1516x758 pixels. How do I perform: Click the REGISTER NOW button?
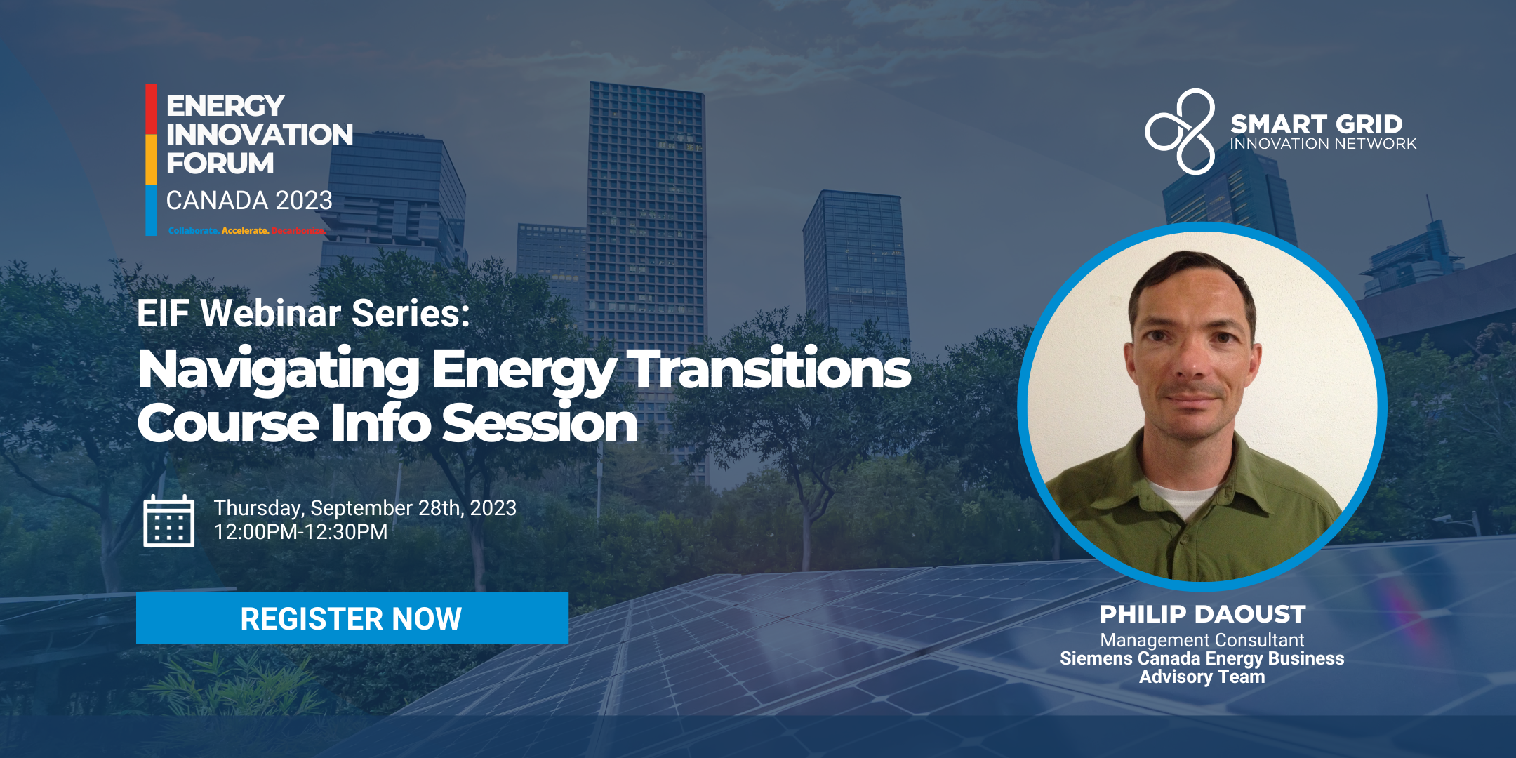(x=352, y=618)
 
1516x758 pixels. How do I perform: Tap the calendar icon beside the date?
(x=168, y=521)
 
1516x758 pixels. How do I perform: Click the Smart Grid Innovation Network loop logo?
(x=1181, y=131)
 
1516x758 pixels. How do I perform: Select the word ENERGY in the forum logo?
(x=225, y=106)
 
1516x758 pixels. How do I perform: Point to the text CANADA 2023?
(x=249, y=201)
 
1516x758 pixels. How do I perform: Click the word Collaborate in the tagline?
(x=193, y=230)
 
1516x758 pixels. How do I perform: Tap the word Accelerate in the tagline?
(x=245, y=230)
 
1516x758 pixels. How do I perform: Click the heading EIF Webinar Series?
(x=303, y=313)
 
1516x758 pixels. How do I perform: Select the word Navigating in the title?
(x=279, y=370)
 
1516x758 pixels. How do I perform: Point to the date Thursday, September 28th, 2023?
(x=365, y=507)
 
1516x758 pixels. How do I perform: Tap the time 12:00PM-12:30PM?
(x=300, y=532)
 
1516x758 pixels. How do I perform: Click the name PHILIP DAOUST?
(x=1202, y=614)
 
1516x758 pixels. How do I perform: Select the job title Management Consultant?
(x=1202, y=640)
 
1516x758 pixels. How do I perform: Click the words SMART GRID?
(x=1316, y=124)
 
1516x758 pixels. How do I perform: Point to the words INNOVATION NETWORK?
(x=1323, y=144)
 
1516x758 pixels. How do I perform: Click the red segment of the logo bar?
(x=151, y=109)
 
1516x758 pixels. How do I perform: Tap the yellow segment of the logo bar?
(x=151, y=159)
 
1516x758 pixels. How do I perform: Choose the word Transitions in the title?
(x=769, y=368)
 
